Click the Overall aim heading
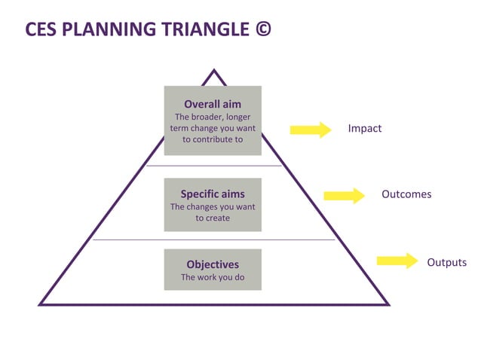click(x=213, y=104)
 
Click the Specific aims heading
click(x=213, y=194)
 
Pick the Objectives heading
click(x=213, y=264)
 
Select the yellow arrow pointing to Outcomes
click(x=344, y=196)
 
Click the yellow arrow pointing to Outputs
click(x=397, y=261)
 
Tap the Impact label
click(x=364, y=129)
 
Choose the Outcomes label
click(x=406, y=194)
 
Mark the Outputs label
click(x=446, y=263)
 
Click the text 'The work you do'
click(x=213, y=277)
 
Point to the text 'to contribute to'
click(x=213, y=139)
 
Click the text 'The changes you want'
click(x=213, y=206)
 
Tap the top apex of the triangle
click(x=214, y=72)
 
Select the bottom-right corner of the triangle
click(x=388, y=304)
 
